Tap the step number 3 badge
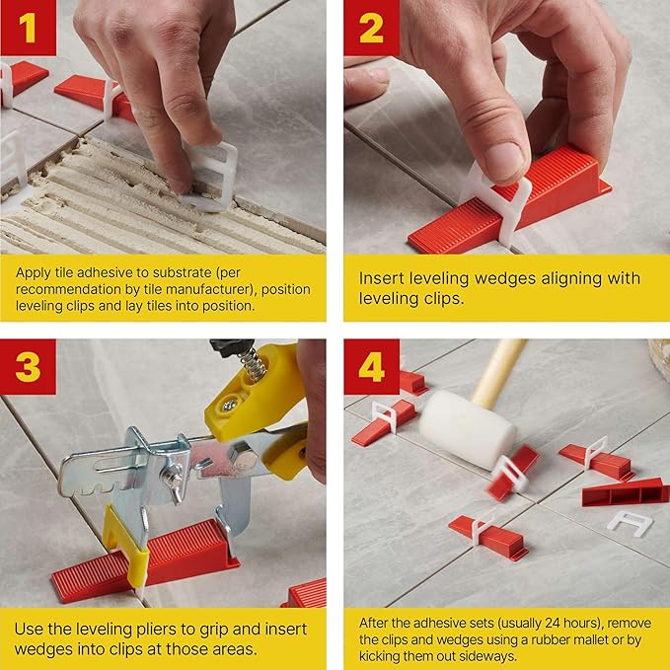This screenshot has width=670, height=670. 28,367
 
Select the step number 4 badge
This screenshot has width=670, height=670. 371,367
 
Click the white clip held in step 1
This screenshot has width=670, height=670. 212,175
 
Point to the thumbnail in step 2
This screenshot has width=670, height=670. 500,160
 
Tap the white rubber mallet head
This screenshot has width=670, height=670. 467,428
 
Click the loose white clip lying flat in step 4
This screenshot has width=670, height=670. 629,522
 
